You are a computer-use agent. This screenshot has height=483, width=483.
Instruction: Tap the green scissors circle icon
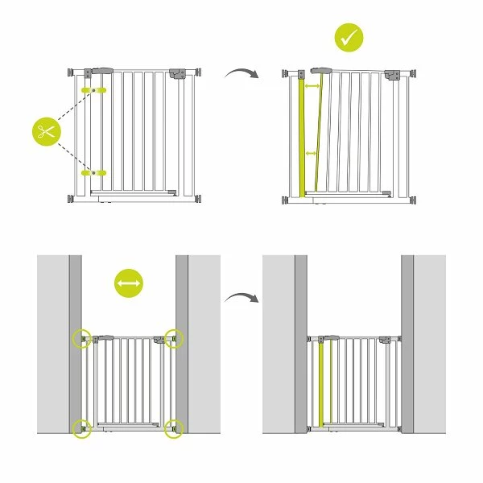(47, 132)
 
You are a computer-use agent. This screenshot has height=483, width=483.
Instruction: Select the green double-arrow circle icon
(129, 284)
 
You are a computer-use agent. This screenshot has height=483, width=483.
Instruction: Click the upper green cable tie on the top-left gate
(96, 89)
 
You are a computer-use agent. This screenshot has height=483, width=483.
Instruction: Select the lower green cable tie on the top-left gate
(96, 171)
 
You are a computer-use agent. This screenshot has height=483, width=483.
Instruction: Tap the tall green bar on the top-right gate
(303, 137)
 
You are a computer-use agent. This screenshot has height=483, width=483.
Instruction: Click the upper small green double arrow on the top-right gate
(313, 86)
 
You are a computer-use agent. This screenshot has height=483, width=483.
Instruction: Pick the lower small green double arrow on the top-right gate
(312, 153)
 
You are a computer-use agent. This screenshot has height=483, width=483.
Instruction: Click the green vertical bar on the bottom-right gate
(324, 384)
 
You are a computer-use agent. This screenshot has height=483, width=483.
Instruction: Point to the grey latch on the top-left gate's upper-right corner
(178, 73)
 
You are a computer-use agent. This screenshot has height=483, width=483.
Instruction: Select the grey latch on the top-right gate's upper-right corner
(393, 74)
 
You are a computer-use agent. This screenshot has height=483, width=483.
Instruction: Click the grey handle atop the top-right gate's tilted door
(322, 71)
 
